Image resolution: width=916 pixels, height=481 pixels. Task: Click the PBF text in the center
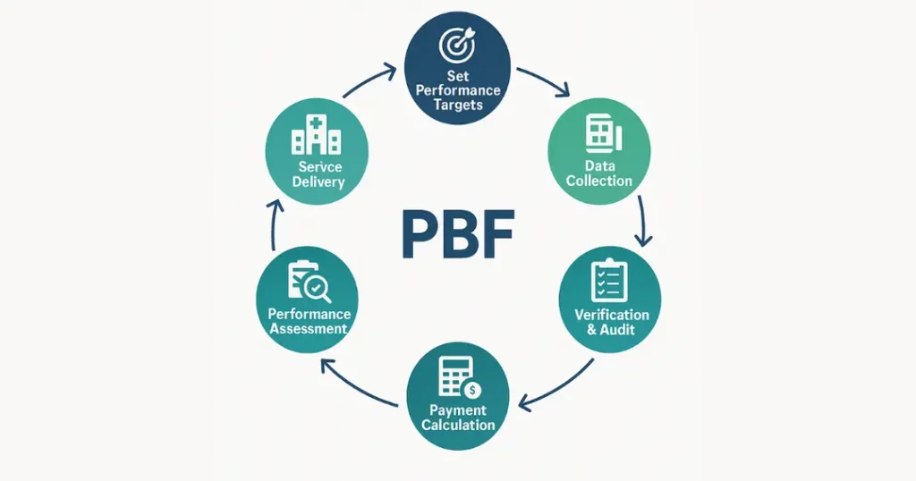457,234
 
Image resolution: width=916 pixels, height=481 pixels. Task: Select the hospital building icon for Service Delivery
317,138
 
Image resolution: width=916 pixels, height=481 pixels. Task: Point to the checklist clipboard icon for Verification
610,280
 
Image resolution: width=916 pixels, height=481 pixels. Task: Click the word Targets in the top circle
457,105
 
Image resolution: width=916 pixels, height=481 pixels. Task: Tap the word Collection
599,181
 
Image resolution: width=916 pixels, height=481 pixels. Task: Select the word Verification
611,315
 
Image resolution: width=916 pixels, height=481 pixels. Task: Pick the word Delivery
318,182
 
